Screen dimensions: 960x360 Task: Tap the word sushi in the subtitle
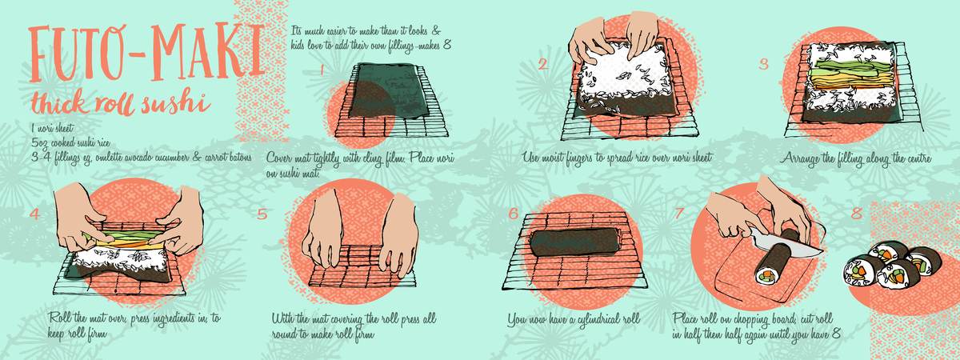tap(176, 103)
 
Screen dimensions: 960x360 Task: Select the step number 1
tap(322, 70)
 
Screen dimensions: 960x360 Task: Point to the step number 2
tap(542, 64)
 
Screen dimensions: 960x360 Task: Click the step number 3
tap(764, 64)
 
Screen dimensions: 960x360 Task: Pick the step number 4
tap(34, 214)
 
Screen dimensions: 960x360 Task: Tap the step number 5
tap(262, 214)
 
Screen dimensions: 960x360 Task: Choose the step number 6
tap(514, 214)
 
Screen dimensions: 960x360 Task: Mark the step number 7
tap(680, 213)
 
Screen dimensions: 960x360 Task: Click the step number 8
tap(857, 213)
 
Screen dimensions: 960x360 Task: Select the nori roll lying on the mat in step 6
tap(574, 242)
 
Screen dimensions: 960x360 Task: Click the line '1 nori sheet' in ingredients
tap(52, 128)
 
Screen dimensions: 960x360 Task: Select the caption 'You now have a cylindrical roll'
tap(574, 321)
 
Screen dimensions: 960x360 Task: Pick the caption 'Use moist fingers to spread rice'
tap(617, 158)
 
